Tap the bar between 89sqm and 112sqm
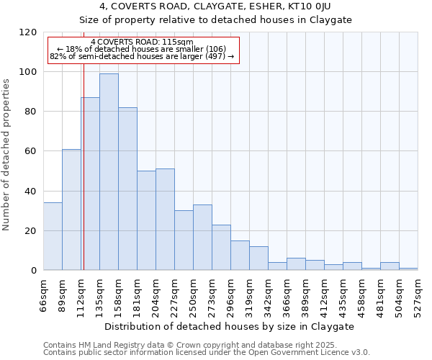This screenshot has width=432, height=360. coord(71,210)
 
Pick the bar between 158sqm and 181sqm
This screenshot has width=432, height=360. coord(127,189)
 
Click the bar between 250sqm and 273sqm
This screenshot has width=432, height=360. coord(202,238)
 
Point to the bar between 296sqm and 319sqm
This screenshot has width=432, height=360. coord(240,256)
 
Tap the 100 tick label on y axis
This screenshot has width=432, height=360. coord(29,72)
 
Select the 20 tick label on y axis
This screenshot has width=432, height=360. coord(32,231)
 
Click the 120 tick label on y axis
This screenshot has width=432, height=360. coord(29,32)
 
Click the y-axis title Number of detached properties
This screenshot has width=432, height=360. coord(6,156)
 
